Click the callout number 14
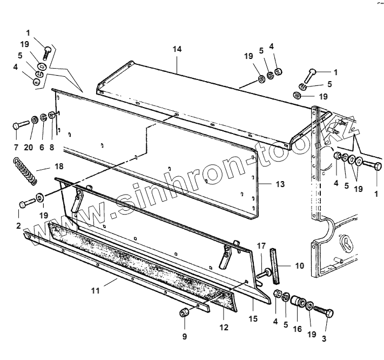177,49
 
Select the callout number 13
279,184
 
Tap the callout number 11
96,291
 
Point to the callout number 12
224,327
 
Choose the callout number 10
300,265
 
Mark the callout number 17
261,246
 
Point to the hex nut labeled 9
185,313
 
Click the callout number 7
16,146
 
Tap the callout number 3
325,339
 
